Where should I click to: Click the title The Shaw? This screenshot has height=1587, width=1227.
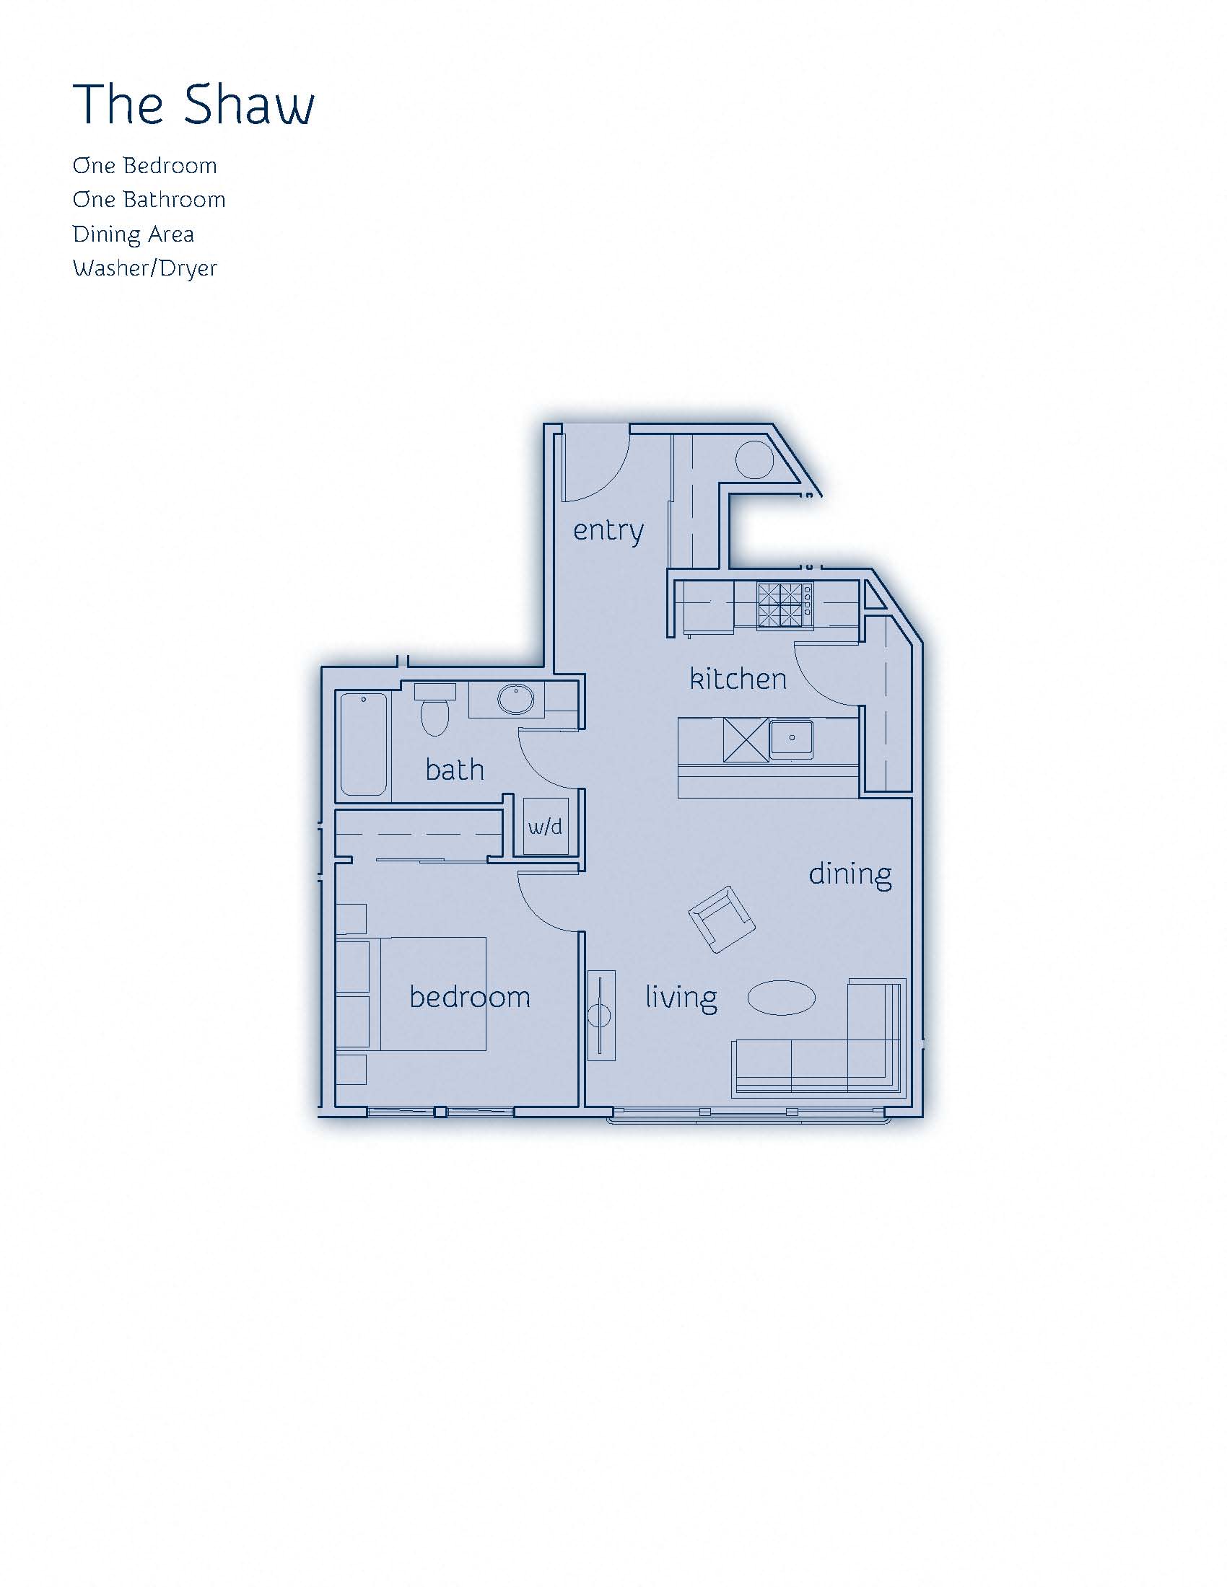click(193, 105)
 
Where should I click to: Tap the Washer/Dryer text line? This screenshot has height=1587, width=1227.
click(144, 269)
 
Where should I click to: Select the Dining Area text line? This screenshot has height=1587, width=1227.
click(133, 234)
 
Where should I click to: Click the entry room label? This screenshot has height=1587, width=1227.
click(608, 530)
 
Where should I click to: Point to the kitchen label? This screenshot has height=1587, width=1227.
click(738, 680)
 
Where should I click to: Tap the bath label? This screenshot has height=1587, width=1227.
click(454, 770)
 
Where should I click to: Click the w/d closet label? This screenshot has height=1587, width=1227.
click(545, 827)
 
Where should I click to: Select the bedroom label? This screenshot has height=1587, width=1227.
click(470, 997)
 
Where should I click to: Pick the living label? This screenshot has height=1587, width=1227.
click(681, 998)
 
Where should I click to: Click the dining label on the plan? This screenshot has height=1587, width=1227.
click(850, 874)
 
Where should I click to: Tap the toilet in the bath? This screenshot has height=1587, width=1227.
click(435, 709)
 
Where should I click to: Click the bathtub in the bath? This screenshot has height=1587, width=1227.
click(364, 744)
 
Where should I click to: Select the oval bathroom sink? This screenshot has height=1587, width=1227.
click(515, 700)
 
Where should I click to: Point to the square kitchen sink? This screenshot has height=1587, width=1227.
click(792, 739)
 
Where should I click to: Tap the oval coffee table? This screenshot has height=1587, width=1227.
click(782, 998)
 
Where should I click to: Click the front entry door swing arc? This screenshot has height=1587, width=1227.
click(598, 465)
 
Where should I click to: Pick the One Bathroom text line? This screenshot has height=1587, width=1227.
click(149, 200)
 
